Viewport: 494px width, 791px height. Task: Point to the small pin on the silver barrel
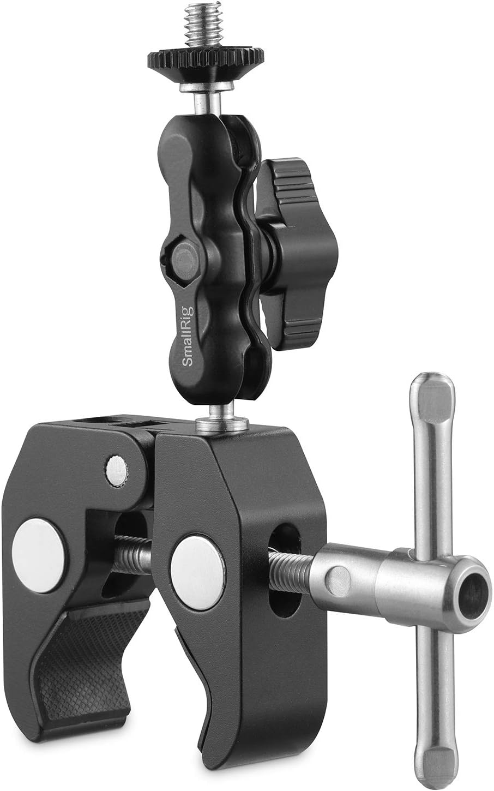click(339, 576)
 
